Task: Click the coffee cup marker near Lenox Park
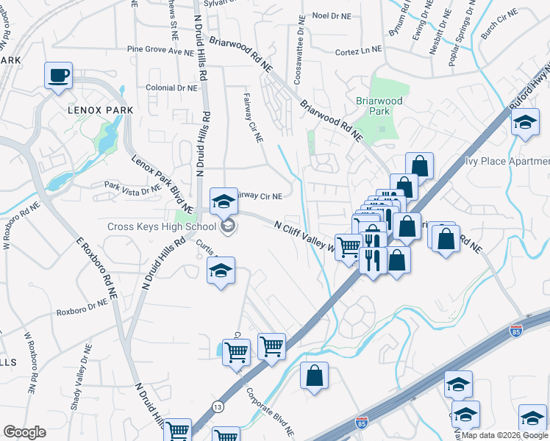pos(58,74)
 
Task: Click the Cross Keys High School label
pos(161,226)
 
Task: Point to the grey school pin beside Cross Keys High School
pos(228,226)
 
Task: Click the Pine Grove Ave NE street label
pos(165,51)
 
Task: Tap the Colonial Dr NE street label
pos(171,87)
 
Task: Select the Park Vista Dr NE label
pos(132,187)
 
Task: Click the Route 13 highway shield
pos(218,406)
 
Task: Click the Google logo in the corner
pos(24,432)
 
